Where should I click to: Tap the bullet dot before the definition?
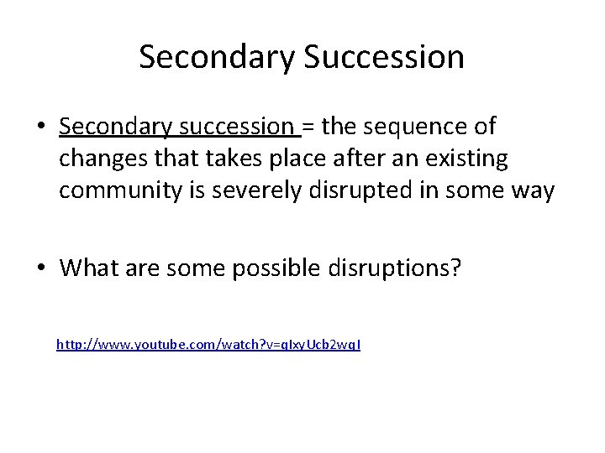pos(40,128)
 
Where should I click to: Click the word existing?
pos(475,159)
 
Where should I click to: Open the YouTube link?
pos(208,344)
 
